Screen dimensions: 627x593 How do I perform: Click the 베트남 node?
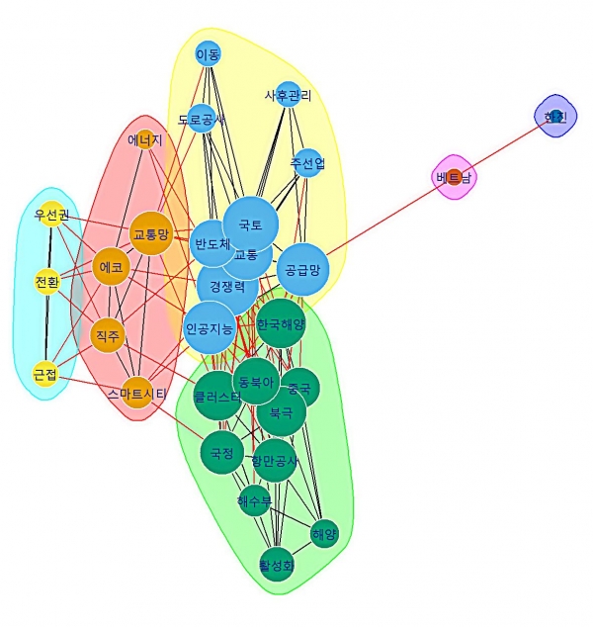coord(454,177)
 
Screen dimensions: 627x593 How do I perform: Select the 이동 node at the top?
coord(208,53)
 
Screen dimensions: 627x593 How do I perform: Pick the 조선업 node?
coord(308,162)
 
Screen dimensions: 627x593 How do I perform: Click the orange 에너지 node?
coord(145,140)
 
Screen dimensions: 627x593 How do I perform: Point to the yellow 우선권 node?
coord(51,216)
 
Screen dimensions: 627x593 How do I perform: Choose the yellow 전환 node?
coord(47,281)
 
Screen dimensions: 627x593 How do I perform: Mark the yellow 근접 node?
coord(45,374)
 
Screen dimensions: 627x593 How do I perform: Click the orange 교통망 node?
coord(151,234)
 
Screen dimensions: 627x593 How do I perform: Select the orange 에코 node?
coord(110,267)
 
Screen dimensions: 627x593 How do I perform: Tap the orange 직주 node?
coord(107,336)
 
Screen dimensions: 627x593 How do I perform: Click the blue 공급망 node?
coord(301,268)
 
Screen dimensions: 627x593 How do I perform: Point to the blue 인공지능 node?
coord(210,328)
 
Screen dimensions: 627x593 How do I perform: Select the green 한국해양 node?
coord(281,324)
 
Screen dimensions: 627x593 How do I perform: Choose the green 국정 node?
coord(221,454)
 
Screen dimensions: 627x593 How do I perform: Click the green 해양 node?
coord(324,535)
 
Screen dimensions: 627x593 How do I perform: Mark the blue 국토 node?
coord(250,224)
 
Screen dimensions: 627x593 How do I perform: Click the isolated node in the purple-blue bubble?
coord(553,117)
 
